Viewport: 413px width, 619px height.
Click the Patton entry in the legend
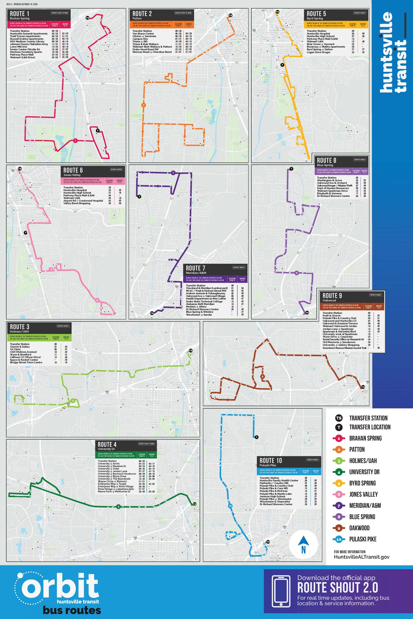[357, 450]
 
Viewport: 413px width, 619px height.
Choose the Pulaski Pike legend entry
[363, 539]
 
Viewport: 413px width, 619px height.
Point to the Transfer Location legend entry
[369, 427]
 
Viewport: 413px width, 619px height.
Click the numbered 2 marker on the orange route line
[143, 105]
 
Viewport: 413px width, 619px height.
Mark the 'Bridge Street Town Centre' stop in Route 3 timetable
[26, 362]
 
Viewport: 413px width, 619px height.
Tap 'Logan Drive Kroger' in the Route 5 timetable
[319, 52]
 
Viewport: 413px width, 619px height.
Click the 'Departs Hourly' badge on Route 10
[313, 459]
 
